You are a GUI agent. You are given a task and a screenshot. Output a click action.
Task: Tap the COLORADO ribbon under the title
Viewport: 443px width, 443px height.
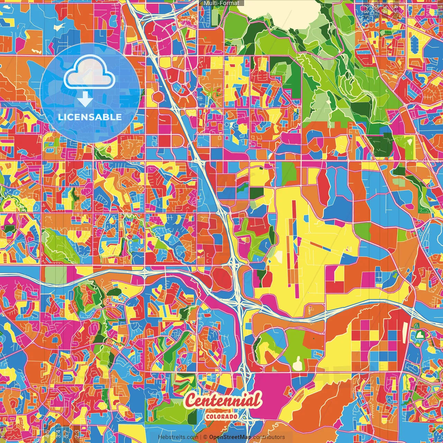click(x=221, y=416)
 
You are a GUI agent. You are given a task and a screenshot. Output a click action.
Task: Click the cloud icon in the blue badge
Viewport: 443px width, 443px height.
click(x=89, y=74)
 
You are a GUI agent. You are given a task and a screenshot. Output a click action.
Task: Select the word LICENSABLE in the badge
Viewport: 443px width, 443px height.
click(x=90, y=117)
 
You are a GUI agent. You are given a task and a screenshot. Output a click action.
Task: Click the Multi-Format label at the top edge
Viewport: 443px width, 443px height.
click(x=221, y=3)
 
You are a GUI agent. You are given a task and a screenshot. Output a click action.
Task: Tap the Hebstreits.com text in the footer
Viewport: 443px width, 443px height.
click(x=178, y=437)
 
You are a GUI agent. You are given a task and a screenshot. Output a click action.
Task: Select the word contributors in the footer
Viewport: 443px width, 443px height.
click(x=269, y=437)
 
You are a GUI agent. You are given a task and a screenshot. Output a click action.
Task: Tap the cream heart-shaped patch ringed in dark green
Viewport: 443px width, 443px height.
click(x=420, y=335)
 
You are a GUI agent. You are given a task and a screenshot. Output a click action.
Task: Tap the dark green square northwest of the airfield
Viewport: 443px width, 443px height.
click(x=256, y=193)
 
